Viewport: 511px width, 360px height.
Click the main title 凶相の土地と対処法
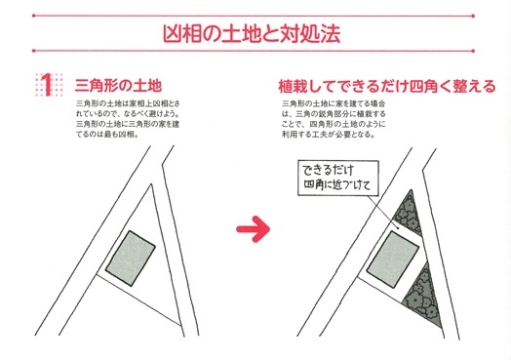tap(252, 33)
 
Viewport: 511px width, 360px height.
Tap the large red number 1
tap(48, 85)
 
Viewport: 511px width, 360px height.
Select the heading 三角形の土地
tap(118, 86)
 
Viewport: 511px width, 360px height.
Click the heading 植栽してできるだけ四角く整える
tap(387, 87)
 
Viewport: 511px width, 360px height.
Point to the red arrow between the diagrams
tap(253, 229)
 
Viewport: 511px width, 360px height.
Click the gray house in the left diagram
tap(130, 259)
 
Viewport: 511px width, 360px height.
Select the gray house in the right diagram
tap(393, 260)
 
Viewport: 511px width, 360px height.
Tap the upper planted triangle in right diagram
tap(409, 214)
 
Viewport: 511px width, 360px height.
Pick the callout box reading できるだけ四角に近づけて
tap(338, 178)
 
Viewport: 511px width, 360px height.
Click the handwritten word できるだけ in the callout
tap(328, 170)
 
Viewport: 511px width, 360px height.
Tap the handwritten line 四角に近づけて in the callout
tap(337, 185)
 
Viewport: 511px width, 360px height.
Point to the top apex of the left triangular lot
tap(151, 184)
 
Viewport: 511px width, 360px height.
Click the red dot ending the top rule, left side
tap(33, 16)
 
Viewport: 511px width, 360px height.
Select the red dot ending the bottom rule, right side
tap(473, 51)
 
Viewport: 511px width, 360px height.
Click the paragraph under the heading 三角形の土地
tap(128, 119)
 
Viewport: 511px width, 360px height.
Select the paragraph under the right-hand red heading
tap(334, 119)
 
